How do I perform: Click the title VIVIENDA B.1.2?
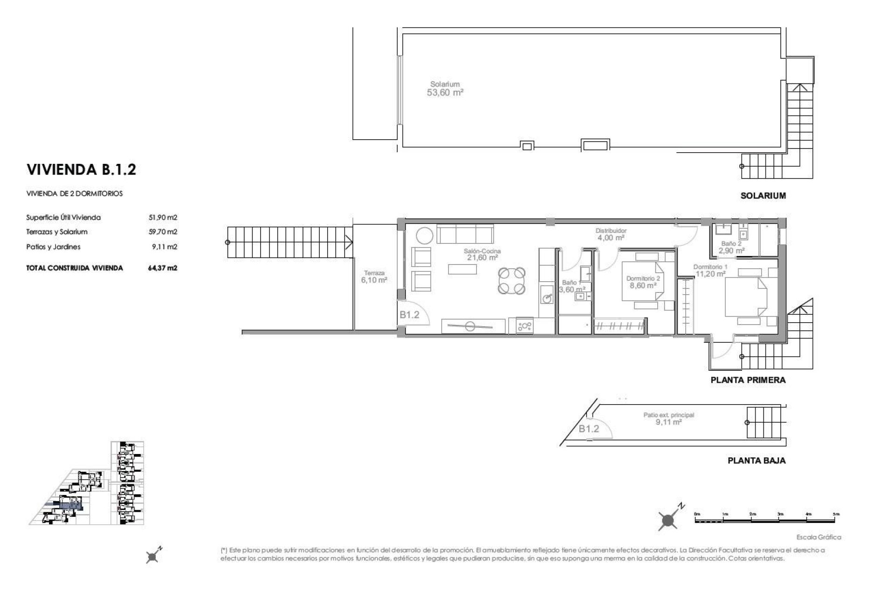coord(82,169)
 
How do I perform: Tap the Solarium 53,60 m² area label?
coord(445,88)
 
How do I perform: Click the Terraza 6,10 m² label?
coord(374,277)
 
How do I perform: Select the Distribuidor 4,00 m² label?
coord(611,234)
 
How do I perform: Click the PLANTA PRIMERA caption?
coord(748,380)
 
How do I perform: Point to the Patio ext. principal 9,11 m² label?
coord(668,419)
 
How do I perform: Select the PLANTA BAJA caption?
coord(757,461)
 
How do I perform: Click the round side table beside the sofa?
coord(425,236)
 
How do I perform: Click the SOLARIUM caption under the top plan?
coord(763,196)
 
